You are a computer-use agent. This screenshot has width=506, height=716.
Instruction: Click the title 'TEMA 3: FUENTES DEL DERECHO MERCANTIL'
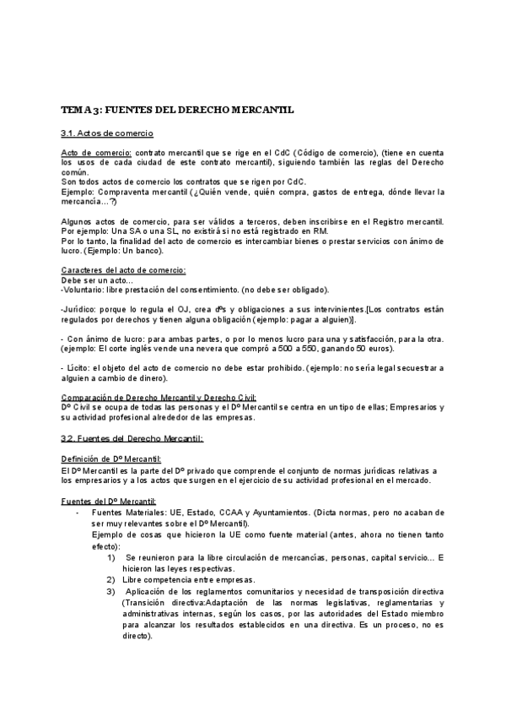(177, 110)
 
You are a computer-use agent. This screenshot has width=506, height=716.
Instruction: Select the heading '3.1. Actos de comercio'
(107, 133)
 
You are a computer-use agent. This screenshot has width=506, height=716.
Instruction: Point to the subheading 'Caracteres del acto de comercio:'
(124, 269)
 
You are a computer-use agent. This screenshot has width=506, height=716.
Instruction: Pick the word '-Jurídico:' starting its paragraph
(80, 311)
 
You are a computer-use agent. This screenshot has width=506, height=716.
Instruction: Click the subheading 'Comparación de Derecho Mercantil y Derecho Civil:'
(159, 398)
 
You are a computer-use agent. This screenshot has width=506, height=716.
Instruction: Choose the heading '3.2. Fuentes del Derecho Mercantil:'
(132, 437)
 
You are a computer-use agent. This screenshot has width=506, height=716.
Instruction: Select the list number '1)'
(112, 558)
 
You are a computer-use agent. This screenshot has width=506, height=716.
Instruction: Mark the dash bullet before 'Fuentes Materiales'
(78, 512)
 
